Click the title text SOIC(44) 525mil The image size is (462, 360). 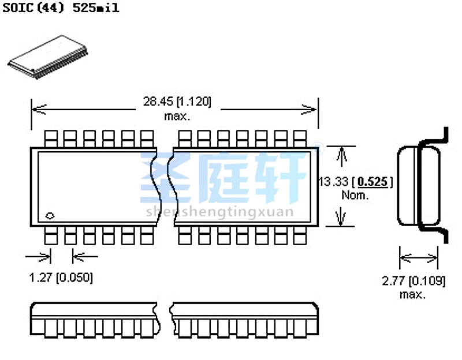61,9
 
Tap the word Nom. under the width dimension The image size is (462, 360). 355,195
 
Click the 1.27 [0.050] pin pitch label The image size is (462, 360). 61,277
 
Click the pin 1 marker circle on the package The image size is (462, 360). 50,216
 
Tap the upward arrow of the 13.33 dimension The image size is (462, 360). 341,155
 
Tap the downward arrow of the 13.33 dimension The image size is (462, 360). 341,218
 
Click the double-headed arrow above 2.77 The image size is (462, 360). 419,257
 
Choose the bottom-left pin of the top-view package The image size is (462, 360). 51,235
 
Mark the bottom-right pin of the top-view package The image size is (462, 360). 299,235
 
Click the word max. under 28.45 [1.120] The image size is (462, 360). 177,115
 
